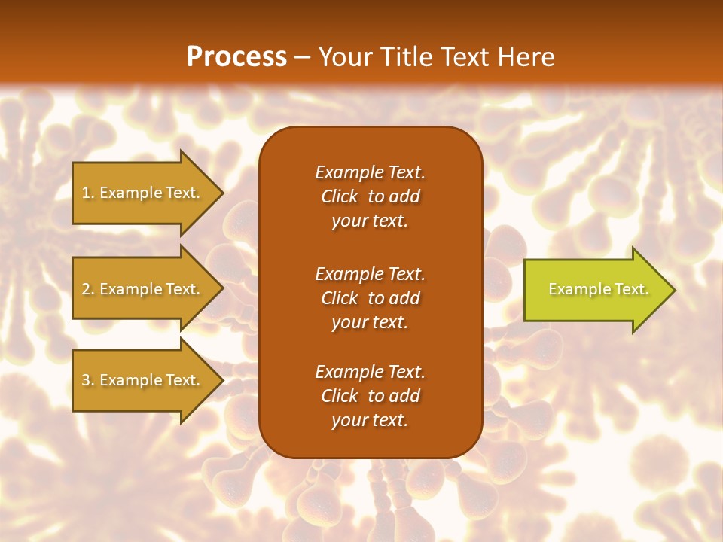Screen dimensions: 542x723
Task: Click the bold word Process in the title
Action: (x=236, y=57)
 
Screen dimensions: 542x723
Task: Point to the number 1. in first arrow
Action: (x=87, y=193)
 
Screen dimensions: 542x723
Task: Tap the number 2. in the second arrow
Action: (x=87, y=289)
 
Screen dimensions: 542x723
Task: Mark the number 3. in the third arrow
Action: (x=87, y=380)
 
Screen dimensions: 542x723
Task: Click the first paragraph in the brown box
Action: (x=370, y=196)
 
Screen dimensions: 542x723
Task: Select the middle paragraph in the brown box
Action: (x=370, y=298)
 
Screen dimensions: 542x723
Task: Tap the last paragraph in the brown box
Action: (x=370, y=396)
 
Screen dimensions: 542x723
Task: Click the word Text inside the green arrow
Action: (x=631, y=289)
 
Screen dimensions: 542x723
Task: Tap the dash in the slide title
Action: (x=303, y=57)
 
